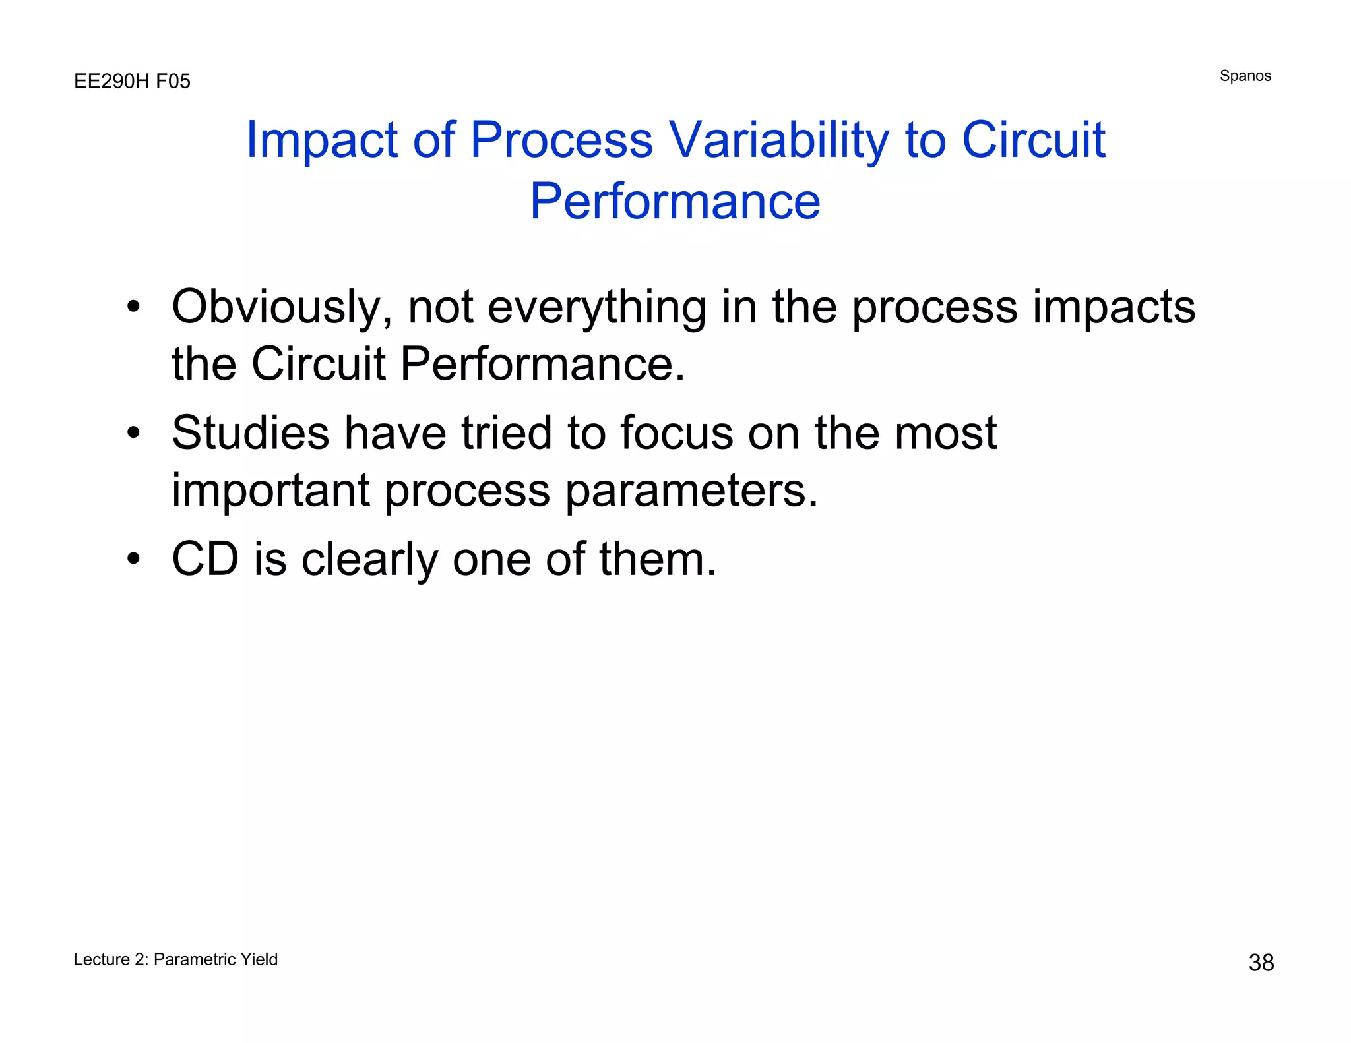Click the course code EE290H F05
[x=132, y=81]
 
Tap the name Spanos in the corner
[x=1245, y=76]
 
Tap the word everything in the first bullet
[x=597, y=307]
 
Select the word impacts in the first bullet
[x=1114, y=307]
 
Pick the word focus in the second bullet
[x=676, y=433]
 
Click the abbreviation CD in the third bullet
[x=205, y=559]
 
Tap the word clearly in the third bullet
[x=369, y=559]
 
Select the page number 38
[x=1261, y=963]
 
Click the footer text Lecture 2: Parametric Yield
[x=175, y=959]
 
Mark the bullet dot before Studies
[x=134, y=433]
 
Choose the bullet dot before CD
[x=134, y=559]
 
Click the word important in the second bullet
[x=270, y=491]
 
